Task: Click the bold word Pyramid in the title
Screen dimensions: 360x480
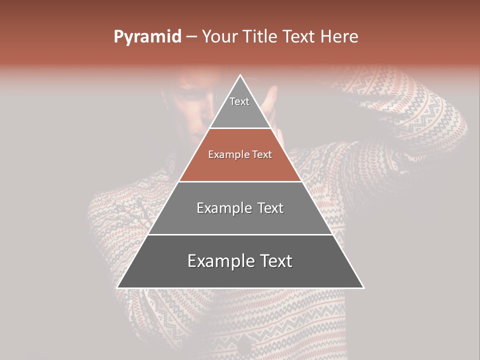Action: [x=147, y=37]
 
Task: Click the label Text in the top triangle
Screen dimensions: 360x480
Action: [x=239, y=101]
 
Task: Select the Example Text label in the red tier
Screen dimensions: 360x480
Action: [x=240, y=154]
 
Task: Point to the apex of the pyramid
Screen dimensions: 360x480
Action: [x=240, y=75]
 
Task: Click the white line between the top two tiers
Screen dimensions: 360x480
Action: [x=240, y=128]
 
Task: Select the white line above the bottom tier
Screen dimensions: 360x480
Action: [x=240, y=234]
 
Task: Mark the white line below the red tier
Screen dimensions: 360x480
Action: [x=240, y=181]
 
